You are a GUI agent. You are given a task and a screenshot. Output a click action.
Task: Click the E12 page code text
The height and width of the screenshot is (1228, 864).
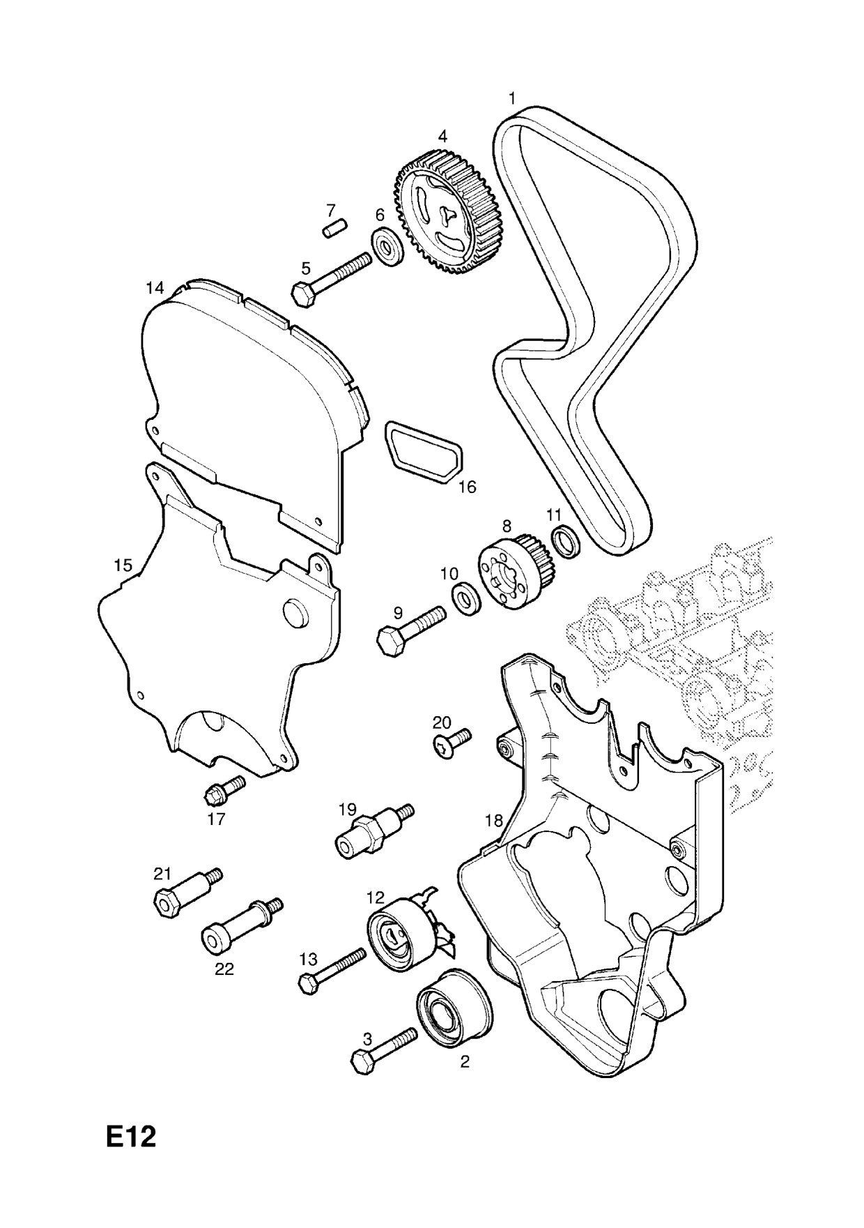(x=131, y=1138)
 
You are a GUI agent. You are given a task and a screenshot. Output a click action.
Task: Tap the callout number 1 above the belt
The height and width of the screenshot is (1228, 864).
(x=512, y=98)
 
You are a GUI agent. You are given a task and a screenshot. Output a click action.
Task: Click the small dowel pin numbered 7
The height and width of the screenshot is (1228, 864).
(x=336, y=229)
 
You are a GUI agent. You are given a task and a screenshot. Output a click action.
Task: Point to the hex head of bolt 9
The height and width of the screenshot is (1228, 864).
(x=389, y=639)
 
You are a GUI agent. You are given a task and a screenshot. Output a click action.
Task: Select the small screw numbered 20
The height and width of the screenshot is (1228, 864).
(x=449, y=741)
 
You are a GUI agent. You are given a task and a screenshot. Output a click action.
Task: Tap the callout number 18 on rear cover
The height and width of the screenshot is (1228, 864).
(x=493, y=821)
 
